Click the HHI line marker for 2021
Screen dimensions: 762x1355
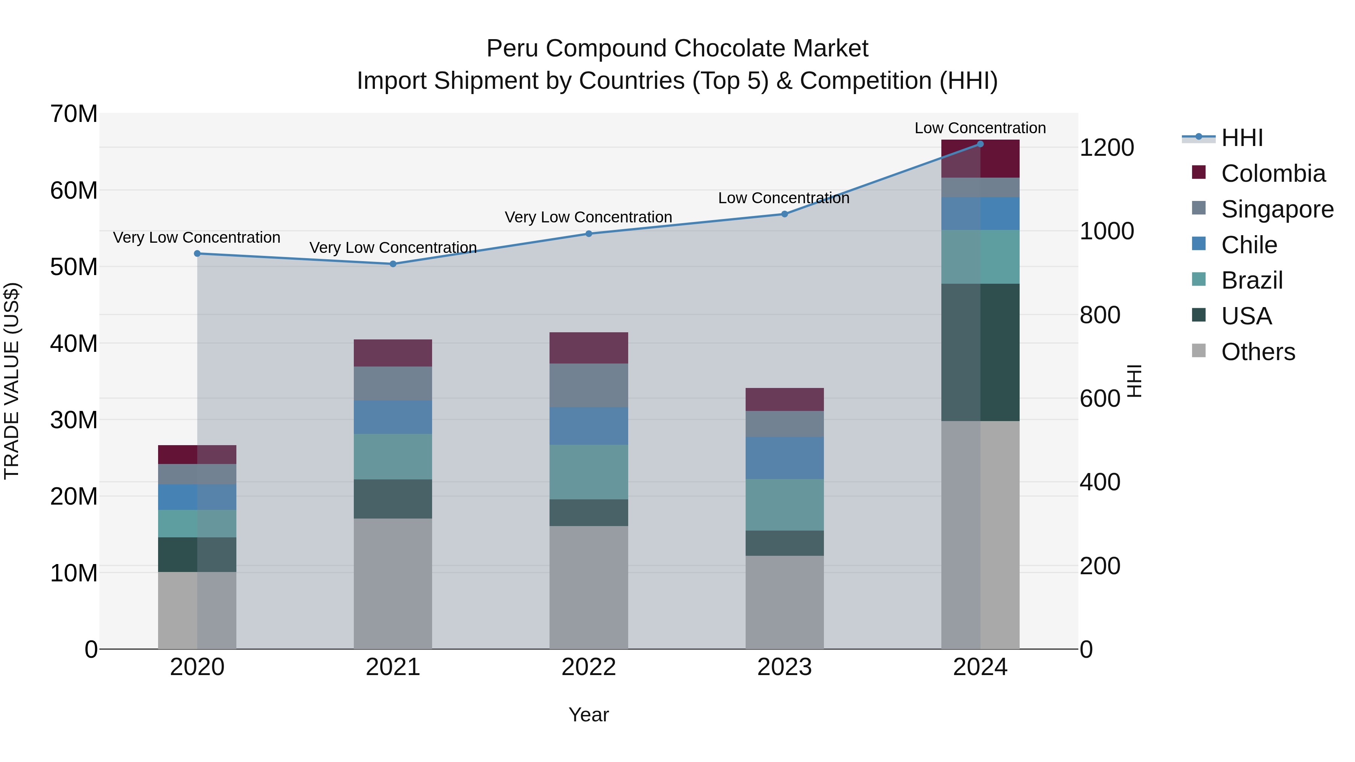pyautogui.click(x=393, y=264)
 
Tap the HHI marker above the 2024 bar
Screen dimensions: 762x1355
pyautogui.click(x=980, y=144)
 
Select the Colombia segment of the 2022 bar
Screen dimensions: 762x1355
pyautogui.click(x=589, y=348)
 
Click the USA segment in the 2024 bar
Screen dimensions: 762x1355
pyautogui.click(x=980, y=352)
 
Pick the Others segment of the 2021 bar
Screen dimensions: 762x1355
pyautogui.click(x=393, y=583)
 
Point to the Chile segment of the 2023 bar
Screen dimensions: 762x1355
pyautogui.click(x=784, y=458)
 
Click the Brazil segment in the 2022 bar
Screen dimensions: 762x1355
pyautogui.click(x=589, y=472)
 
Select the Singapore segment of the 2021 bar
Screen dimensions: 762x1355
pyautogui.click(x=393, y=383)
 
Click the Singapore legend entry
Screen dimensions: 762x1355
pyautogui.click(x=1277, y=209)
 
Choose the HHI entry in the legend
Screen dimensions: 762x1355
pyautogui.click(x=1241, y=138)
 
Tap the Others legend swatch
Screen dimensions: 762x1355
pyautogui.click(x=1199, y=351)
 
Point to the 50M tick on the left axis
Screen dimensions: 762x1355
pyautogui.click(x=74, y=267)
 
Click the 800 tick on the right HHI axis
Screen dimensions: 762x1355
pyautogui.click(x=1099, y=315)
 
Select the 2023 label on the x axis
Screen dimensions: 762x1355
pyautogui.click(x=784, y=667)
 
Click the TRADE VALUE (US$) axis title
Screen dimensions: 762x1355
pyautogui.click(x=12, y=381)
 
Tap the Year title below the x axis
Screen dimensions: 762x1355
pyautogui.click(x=589, y=715)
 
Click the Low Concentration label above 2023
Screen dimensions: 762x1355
pyautogui.click(x=783, y=198)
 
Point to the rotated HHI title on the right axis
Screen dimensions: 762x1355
pyautogui.click(x=1134, y=381)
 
